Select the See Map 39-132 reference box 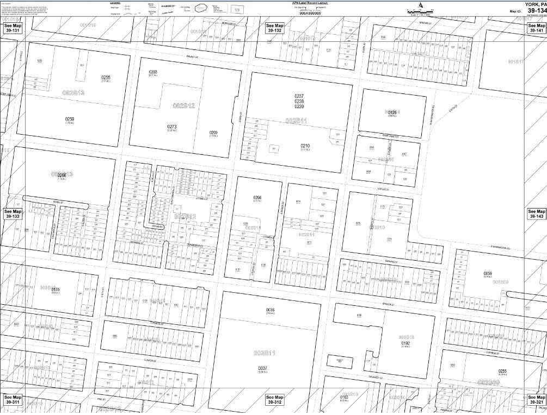click(x=274, y=28)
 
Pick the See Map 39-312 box click(x=274, y=400)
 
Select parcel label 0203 click(x=153, y=72)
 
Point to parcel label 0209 click(x=213, y=133)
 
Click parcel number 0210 click(x=305, y=146)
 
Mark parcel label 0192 click(x=405, y=343)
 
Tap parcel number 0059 click(x=488, y=273)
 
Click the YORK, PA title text click(x=535, y=4)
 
